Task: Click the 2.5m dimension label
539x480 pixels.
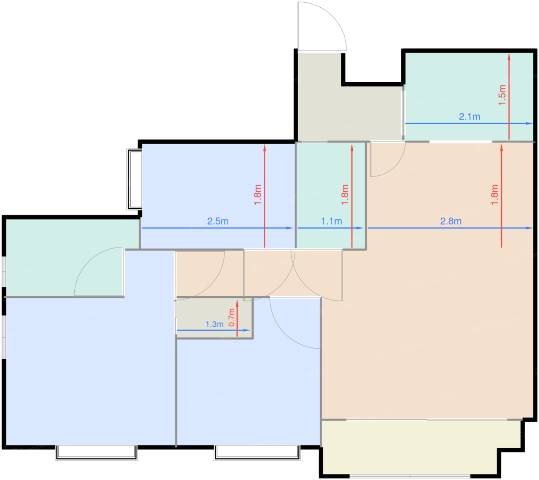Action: (x=218, y=221)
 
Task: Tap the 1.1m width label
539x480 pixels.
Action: (x=331, y=221)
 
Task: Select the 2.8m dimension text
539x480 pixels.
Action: (x=451, y=221)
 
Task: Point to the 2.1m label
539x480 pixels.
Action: (x=469, y=116)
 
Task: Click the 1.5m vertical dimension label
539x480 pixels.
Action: (x=502, y=95)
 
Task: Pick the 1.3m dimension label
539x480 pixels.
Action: (x=214, y=324)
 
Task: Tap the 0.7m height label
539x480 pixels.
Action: (x=232, y=317)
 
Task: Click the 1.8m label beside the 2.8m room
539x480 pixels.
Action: (x=494, y=195)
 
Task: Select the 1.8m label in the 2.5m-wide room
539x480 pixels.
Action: (x=258, y=195)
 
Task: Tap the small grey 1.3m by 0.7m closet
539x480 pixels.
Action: (x=214, y=318)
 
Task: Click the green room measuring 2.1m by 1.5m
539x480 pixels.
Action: (x=469, y=96)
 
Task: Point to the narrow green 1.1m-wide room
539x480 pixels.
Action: (x=331, y=195)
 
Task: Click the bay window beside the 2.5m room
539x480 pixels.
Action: (x=134, y=179)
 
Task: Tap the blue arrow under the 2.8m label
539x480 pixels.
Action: (x=450, y=228)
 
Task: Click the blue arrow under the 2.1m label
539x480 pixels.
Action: (x=469, y=123)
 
